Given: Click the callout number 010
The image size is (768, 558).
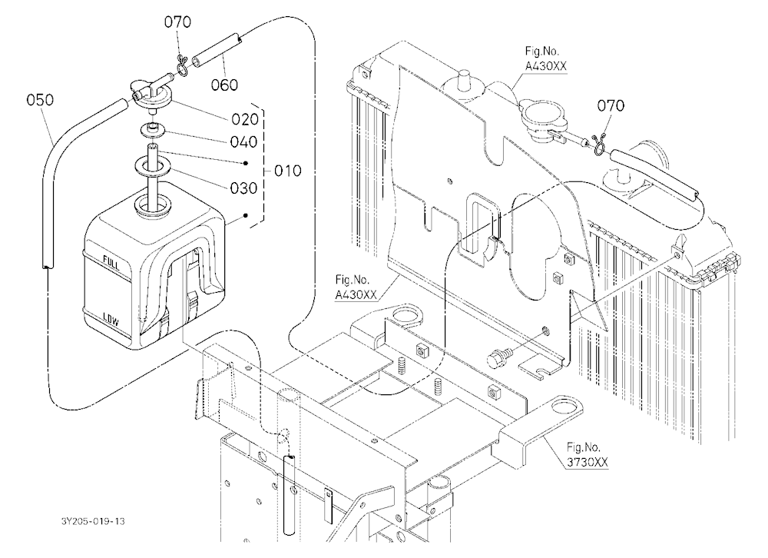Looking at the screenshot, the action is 287,171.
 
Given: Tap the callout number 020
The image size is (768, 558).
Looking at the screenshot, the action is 245,119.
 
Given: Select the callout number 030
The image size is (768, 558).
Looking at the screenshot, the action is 244,188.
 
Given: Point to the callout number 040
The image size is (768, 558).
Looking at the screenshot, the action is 244,142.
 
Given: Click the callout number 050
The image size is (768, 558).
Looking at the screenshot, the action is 40,100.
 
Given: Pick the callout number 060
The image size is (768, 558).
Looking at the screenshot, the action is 224,85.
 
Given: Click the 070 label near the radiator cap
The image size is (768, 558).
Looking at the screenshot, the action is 611,105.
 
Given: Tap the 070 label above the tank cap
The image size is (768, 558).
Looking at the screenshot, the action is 177,22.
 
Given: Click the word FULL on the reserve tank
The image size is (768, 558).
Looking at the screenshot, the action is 111,264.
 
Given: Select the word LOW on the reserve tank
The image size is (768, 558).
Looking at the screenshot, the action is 111,321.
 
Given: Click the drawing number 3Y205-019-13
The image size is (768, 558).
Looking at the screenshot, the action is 93,521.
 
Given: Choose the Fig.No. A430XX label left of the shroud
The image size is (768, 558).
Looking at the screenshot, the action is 356,287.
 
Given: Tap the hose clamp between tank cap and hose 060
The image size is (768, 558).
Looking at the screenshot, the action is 182,67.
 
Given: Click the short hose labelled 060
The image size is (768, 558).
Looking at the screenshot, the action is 217,51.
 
